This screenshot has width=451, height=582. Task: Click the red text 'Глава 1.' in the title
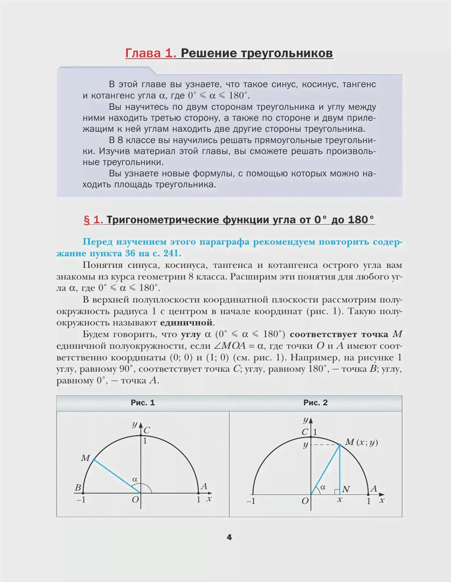150,53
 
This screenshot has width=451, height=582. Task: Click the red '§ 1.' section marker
93,220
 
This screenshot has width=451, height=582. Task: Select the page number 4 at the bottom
229,537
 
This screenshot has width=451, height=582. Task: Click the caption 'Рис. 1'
143,403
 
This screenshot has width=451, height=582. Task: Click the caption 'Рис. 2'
315,403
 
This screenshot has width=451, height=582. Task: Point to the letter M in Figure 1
85,458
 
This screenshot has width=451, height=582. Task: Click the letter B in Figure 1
78,487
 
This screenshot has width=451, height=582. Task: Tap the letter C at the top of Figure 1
147,430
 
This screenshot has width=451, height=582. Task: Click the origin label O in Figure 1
135,500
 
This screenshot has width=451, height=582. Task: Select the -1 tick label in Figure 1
81,500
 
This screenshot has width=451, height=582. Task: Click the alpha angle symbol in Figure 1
135,479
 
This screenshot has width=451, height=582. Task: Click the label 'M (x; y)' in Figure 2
361,442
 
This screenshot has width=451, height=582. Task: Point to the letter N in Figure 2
346,489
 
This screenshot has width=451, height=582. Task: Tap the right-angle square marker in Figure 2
337,491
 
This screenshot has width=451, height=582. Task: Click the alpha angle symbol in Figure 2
322,487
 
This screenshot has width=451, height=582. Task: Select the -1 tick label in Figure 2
251,501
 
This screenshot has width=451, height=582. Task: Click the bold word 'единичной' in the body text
186,323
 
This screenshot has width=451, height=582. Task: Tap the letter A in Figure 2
373,489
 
